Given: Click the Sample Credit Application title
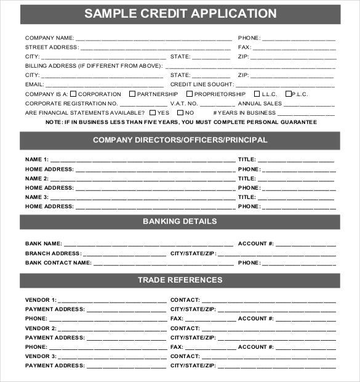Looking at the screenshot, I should pos(180,14).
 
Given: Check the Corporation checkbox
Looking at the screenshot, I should pos(74,94).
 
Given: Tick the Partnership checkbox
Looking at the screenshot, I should pos(132,94).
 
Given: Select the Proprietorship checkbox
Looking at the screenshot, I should pos(190,94).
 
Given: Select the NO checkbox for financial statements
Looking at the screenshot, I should pos(180,113).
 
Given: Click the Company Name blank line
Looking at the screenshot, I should pos(154,38).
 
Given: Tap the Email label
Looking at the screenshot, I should pos(34,84).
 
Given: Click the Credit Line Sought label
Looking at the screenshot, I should pos(202,84).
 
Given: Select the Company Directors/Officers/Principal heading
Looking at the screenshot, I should pos(180,140).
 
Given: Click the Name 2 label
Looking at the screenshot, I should pos(37,179).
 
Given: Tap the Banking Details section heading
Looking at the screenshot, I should pos(180,221).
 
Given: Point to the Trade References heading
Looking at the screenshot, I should pos(180,280).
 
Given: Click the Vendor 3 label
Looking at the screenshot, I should pos(41,357).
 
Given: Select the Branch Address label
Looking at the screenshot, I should pos(53,253).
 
